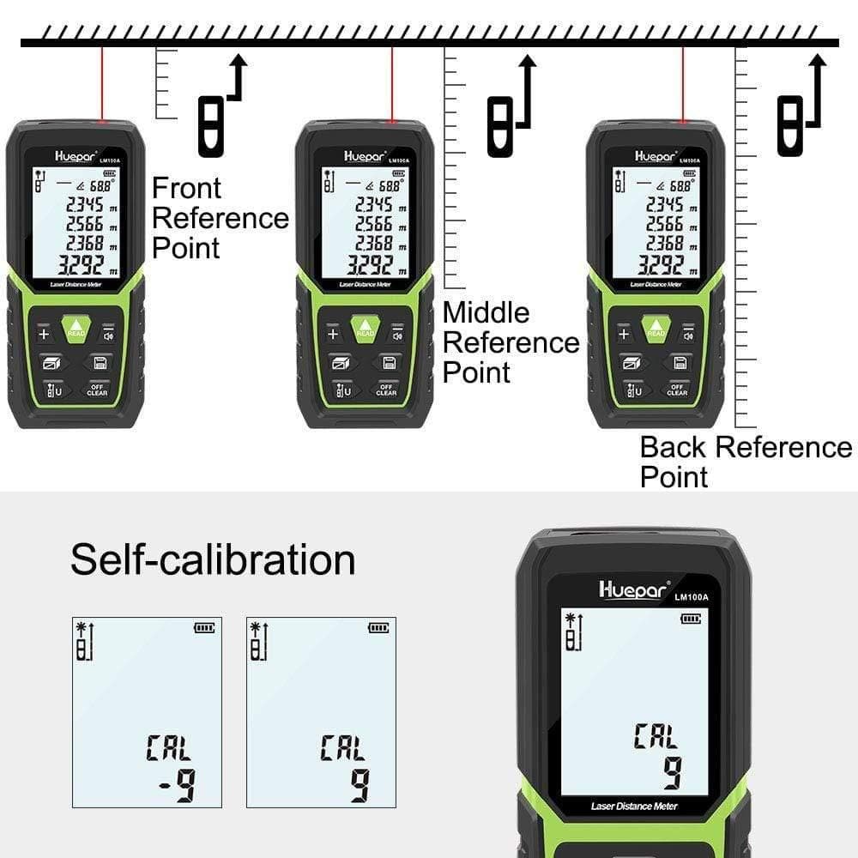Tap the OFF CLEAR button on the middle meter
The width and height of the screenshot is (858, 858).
[x=387, y=390]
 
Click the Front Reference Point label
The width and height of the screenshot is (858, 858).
[x=219, y=218]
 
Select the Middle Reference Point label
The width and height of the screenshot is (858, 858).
[x=510, y=342]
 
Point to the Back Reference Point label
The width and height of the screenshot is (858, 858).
[x=745, y=462]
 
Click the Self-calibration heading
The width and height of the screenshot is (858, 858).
[x=213, y=559]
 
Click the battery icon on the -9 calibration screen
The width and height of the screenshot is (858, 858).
[x=204, y=627]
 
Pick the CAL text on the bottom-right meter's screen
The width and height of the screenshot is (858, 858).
[x=656, y=736]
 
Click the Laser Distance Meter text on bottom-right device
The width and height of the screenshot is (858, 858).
[x=634, y=806]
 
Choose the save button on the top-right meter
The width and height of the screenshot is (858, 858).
[x=680, y=362]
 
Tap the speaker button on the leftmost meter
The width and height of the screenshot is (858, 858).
[x=108, y=334]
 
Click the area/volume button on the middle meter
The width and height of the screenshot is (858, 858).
[x=339, y=362]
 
